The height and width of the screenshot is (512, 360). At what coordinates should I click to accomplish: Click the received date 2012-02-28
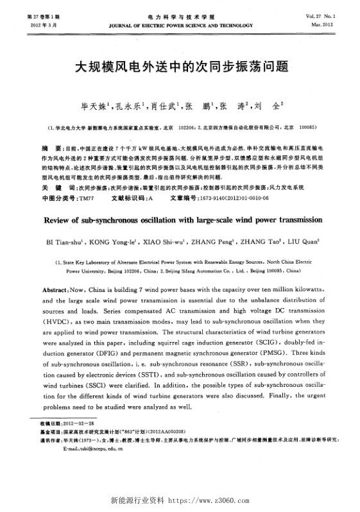[78, 425]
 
